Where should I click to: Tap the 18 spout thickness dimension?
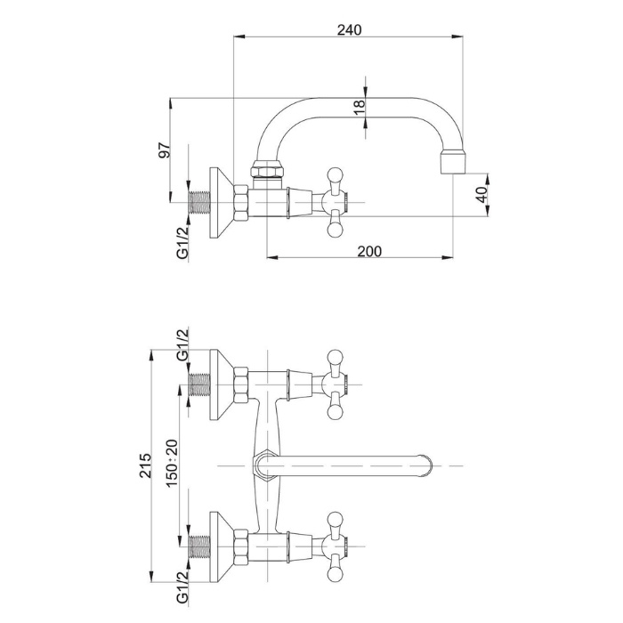pos(360,105)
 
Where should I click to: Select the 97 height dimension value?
pos(164,151)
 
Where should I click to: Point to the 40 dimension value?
pos(481,195)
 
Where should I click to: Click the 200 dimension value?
pos(369,252)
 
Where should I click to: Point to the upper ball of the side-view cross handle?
pos(335,174)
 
